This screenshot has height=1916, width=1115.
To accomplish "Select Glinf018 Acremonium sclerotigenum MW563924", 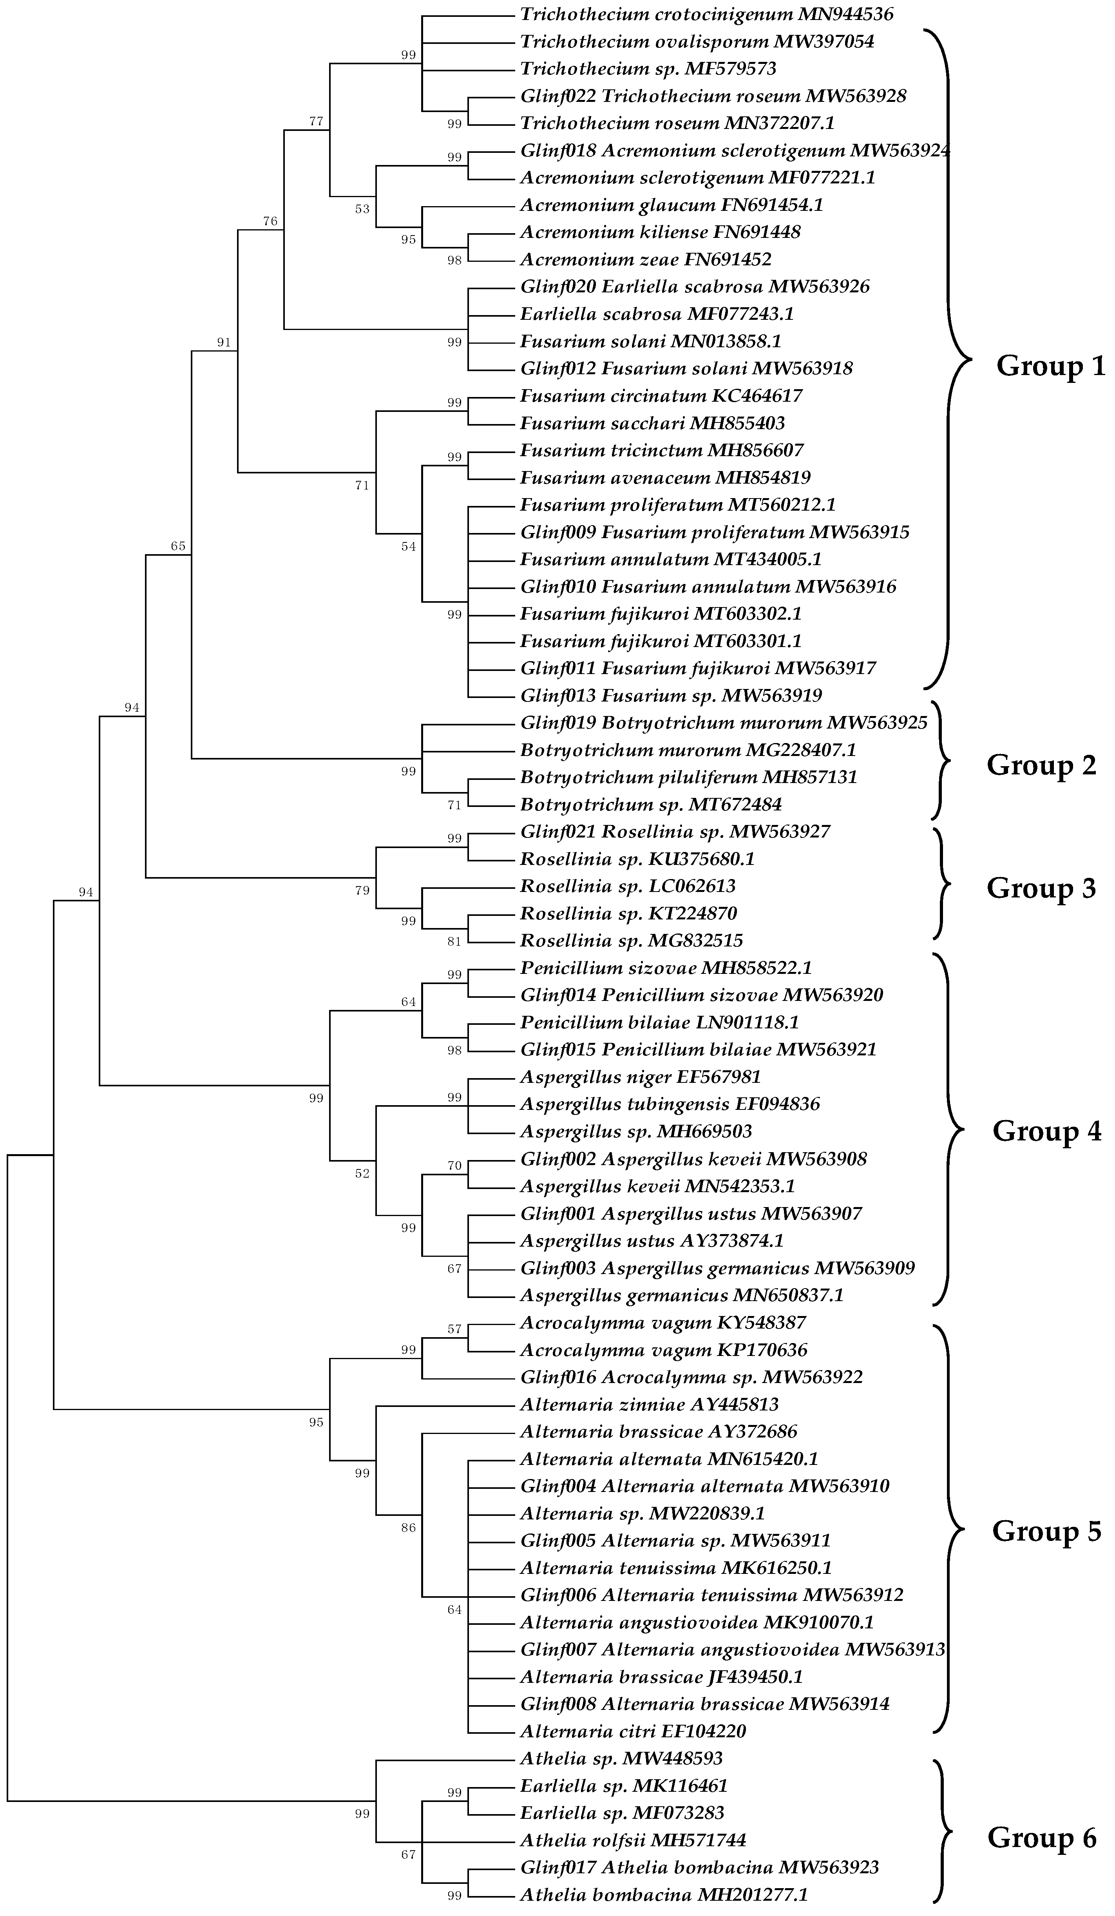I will coord(734,150).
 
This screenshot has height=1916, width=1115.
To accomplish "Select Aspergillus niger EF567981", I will coord(640,1077).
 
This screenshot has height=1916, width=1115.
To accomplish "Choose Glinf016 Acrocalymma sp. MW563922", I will coord(691,1377).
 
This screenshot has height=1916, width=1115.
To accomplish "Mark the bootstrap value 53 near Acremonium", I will coord(362,209).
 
